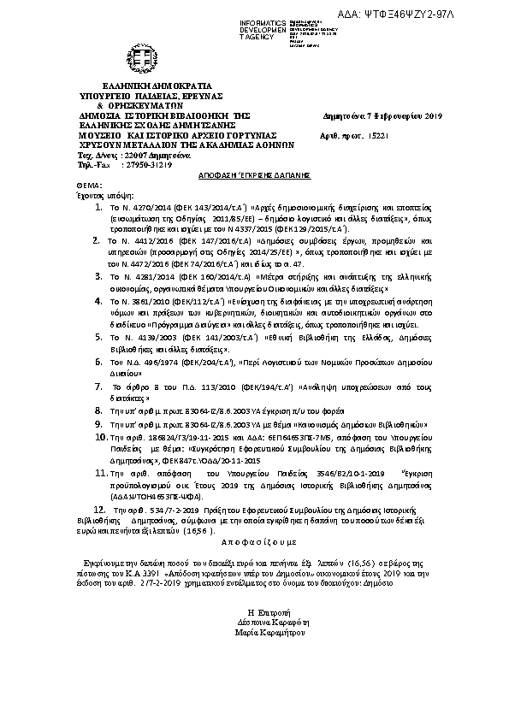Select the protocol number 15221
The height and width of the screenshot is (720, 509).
(379, 136)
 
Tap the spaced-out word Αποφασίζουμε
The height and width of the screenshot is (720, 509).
(256, 542)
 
